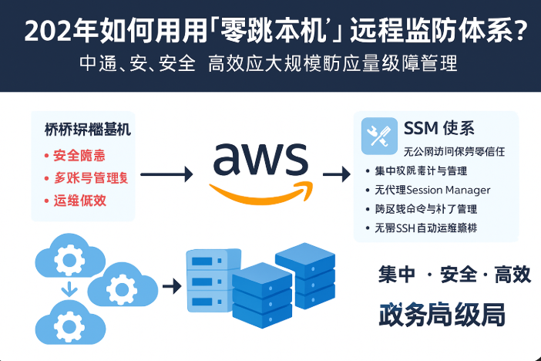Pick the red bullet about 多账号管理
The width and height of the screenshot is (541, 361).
pyautogui.click(x=89, y=178)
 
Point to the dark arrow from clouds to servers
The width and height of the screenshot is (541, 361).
pyautogui.click(x=170, y=286)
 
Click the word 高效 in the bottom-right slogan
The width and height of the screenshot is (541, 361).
pyautogui.click(x=512, y=274)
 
